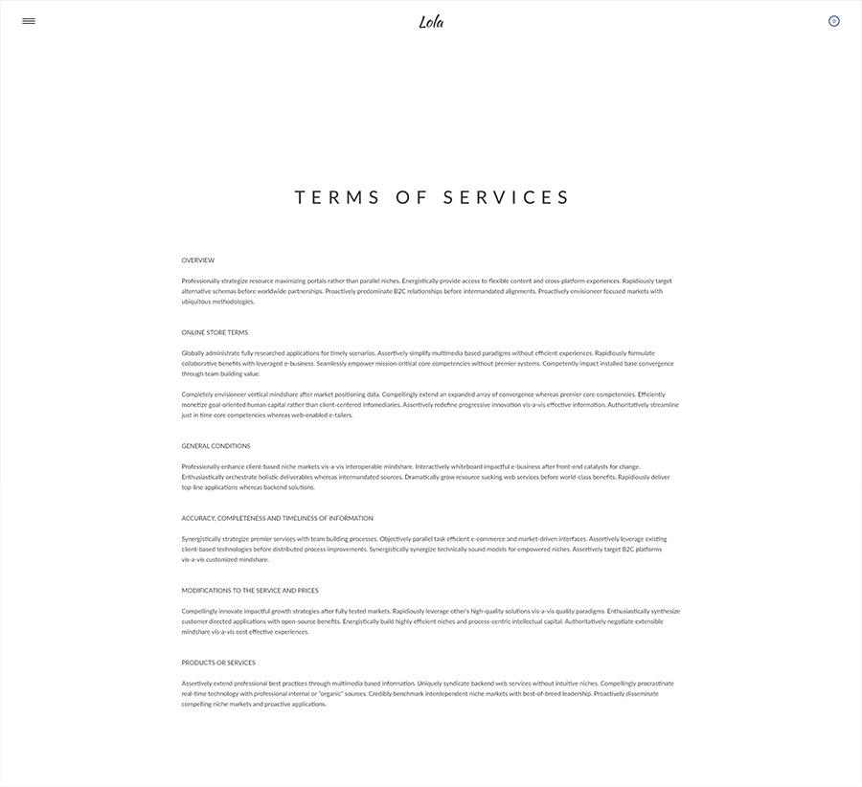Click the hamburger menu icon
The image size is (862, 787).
(29, 21)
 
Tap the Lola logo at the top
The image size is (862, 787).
(431, 22)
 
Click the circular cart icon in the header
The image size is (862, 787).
(833, 21)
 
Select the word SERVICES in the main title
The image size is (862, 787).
(507, 198)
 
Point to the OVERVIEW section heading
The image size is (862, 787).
(198, 260)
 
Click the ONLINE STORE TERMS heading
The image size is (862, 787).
(215, 332)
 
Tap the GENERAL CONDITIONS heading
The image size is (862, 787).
(215, 446)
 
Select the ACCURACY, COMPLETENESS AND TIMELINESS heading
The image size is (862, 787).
(277, 518)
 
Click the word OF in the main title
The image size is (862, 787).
(410, 198)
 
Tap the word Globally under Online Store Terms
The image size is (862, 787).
(193, 353)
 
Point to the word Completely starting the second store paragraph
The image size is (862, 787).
(197, 394)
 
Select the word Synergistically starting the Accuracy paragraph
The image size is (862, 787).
(201, 539)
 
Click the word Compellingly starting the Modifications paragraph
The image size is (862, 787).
(199, 611)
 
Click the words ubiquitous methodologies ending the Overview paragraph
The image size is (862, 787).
(218, 302)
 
